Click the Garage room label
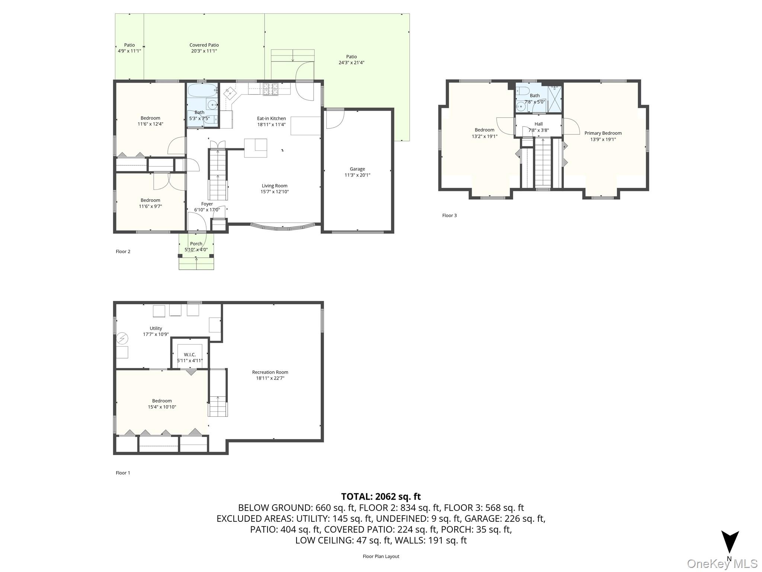[x=357, y=169]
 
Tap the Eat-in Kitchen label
[x=271, y=118]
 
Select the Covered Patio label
[x=204, y=45]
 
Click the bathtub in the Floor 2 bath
[x=202, y=90]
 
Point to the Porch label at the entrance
[x=196, y=244]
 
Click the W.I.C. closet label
[x=190, y=355]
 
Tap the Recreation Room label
[x=270, y=372]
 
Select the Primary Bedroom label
[x=603, y=133]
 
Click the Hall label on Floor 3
[x=538, y=124]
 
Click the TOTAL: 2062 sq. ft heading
[x=381, y=496]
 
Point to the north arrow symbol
[x=730, y=543]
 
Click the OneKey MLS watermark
[x=722, y=564]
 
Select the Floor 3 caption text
[x=449, y=216]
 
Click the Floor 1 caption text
[x=123, y=473]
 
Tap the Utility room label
[x=156, y=328]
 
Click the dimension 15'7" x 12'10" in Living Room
[x=275, y=192]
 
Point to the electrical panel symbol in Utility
[x=122, y=339]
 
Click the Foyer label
[x=207, y=204]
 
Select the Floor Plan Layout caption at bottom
[x=381, y=556]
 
